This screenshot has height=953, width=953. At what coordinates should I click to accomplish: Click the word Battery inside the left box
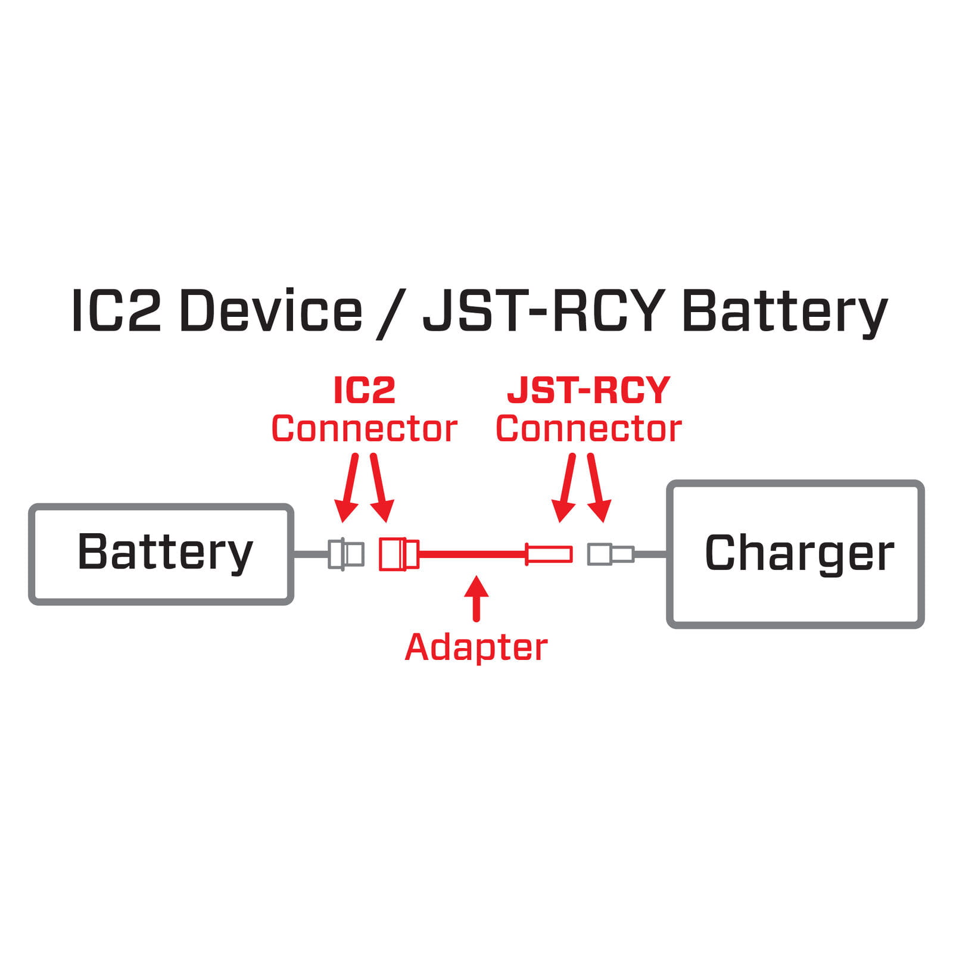click(165, 553)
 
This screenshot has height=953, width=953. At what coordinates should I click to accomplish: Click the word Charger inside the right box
click(799, 553)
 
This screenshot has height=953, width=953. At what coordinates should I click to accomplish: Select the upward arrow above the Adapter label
click(476, 597)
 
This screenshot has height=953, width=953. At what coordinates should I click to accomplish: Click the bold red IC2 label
click(364, 391)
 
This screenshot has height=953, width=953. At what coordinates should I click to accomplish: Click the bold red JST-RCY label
click(588, 391)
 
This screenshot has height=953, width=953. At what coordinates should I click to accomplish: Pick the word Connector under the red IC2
click(364, 429)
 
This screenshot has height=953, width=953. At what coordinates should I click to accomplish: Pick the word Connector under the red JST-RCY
click(588, 429)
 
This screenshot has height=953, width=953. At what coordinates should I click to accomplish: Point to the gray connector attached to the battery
click(346, 554)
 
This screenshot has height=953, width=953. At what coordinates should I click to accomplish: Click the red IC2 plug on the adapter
click(398, 554)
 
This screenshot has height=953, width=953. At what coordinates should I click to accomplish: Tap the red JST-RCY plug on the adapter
click(549, 554)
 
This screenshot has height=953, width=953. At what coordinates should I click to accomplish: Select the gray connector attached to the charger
click(610, 554)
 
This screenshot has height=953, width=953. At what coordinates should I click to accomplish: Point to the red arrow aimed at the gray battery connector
click(347, 488)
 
